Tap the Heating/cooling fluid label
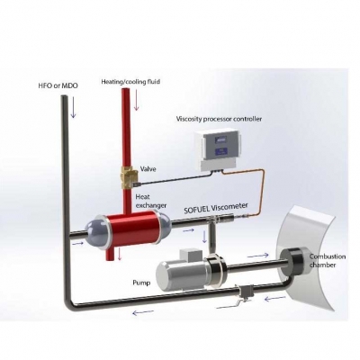point(130,82)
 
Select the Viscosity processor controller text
point(219,119)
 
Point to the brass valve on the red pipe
point(129,178)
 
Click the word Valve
point(148,169)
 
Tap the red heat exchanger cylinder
point(132,229)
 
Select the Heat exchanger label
point(150,202)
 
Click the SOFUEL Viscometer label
point(216,208)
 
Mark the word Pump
point(141,283)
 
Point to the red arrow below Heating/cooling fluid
point(137,100)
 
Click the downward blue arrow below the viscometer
point(204,237)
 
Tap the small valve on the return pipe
point(246,293)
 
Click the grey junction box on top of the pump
point(187,255)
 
